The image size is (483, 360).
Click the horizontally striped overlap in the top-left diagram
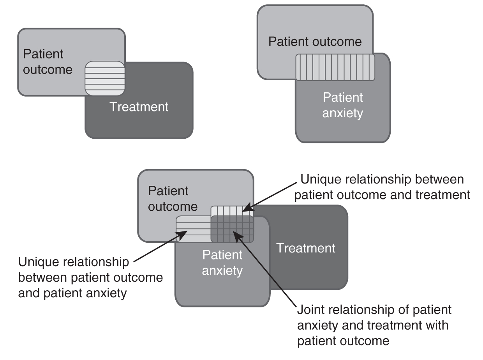pyautogui.click(x=105, y=78)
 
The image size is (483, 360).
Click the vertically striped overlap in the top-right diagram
pyautogui.click(x=335, y=67)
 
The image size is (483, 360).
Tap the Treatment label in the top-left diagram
pyautogui.click(x=139, y=107)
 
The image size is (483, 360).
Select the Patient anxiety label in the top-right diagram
pyautogui.click(x=343, y=105)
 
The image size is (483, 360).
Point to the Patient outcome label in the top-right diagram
pyautogui.click(x=315, y=41)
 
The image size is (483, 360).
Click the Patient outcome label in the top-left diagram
pyautogui.click(x=48, y=62)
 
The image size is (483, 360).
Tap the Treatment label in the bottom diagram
pyautogui.click(x=306, y=248)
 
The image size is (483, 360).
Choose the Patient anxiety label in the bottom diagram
pyautogui.click(x=222, y=263)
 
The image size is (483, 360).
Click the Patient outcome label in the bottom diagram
pyautogui.click(x=173, y=199)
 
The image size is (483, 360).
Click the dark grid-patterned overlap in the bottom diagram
pyautogui.click(x=232, y=229)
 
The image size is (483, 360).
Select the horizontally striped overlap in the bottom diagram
pyautogui.click(x=193, y=229)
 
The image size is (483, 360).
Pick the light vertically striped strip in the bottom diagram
pyautogui.click(x=232, y=211)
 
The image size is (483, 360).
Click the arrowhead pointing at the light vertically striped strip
pyautogui.click(x=248, y=207)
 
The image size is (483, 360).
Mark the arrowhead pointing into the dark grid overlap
pyautogui.click(x=237, y=236)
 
